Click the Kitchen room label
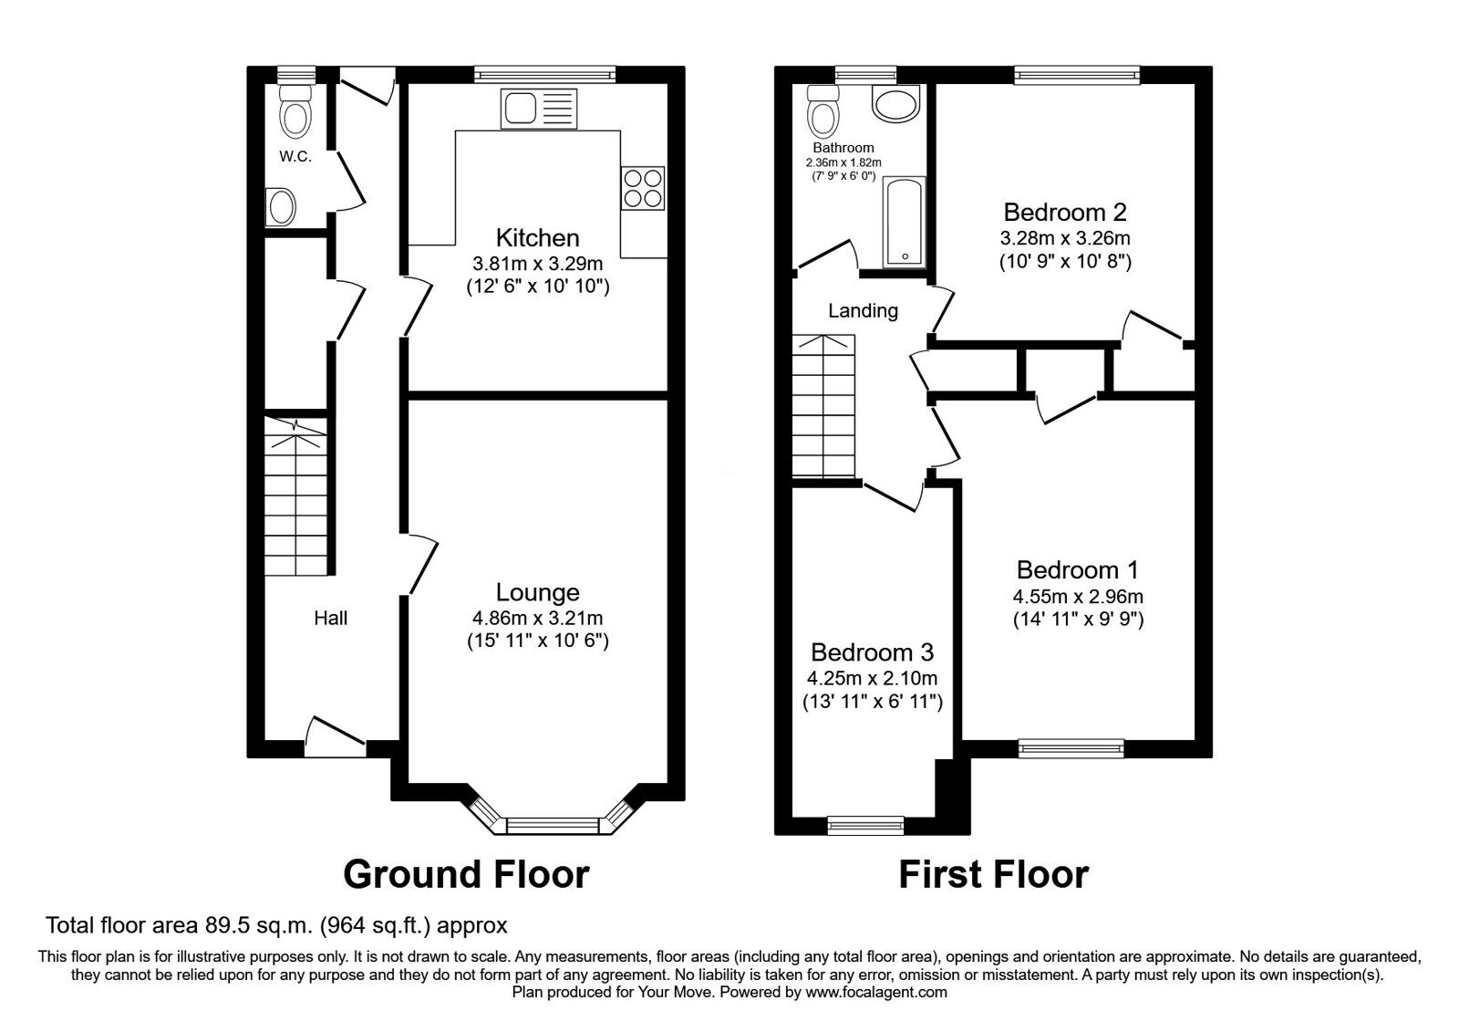click(537, 238)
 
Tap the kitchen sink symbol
click(538, 109)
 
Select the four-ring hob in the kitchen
click(643, 189)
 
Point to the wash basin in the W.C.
click(280, 207)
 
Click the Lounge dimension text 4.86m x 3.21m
click(537, 618)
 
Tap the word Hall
click(330, 619)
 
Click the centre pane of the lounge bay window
click(550, 825)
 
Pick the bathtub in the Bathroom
click(904, 222)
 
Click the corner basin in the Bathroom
click(895, 103)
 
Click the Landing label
click(863, 311)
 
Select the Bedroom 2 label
click(1065, 213)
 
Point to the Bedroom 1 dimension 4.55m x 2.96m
click(1078, 598)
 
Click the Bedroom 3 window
click(865, 825)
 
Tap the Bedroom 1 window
click(1071, 748)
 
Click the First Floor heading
click(993, 874)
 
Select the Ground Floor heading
click(466, 874)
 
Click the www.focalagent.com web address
click(875, 992)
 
